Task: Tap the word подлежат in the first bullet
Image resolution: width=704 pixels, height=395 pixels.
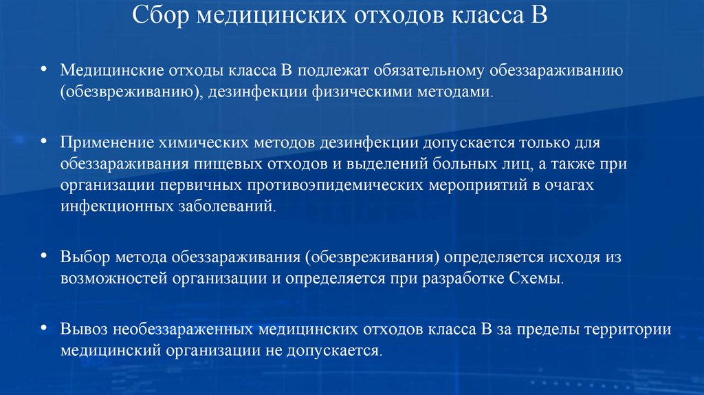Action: [327, 72]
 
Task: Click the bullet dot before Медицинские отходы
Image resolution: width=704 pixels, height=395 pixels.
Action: [44, 70]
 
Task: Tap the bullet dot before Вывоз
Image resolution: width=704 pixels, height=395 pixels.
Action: [44, 327]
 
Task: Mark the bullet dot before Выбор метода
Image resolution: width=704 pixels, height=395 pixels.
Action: [44, 256]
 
